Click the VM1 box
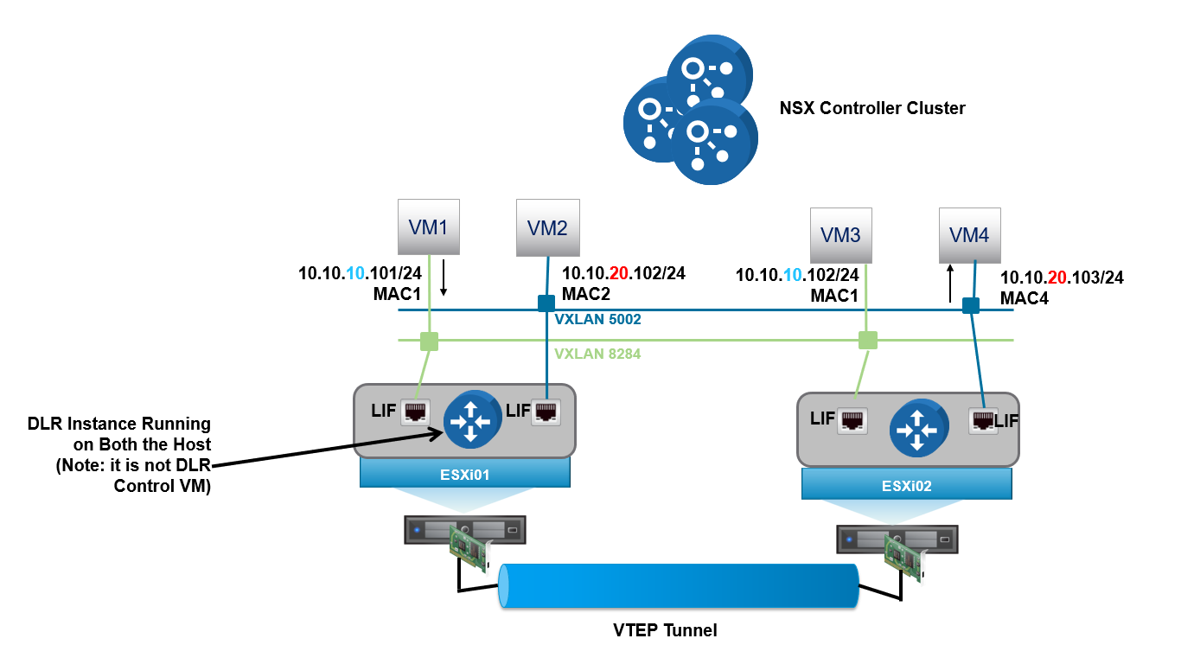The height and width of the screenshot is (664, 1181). pyautogui.click(x=429, y=227)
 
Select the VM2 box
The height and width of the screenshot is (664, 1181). pyautogui.click(x=547, y=228)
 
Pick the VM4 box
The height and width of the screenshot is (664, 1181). pyautogui.click(x=969, y=235)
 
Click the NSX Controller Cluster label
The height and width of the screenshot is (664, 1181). pyautogui.click(x=872, y=108)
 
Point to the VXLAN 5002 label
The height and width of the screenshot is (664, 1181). pyautogui.click(x=597, y=320)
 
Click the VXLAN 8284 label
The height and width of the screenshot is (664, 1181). pyautogui.click(x=597, y=353)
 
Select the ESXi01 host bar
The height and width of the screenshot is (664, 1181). pyautogui.click(x=465, y=472)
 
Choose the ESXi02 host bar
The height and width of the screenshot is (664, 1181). pyautogui.click(x=906, y=485)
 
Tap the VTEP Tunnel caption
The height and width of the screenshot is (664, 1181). pyautogui.click(x=660, y=630)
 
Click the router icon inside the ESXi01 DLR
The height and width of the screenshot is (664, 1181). pyautogui.click(x=472, y=418)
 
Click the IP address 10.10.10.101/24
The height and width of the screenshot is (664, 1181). pyautogui.click(x=360, y=274)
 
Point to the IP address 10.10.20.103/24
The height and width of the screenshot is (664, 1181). pyautogui.click(x=1062, y=278)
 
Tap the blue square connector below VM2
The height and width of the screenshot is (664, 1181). pyautogui.click(x=546, y=303)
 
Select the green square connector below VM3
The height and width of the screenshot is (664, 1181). pyautogui.click(x=867, y=340)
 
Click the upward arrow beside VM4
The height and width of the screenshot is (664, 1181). pyautogui.click(x=950, y=283)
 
